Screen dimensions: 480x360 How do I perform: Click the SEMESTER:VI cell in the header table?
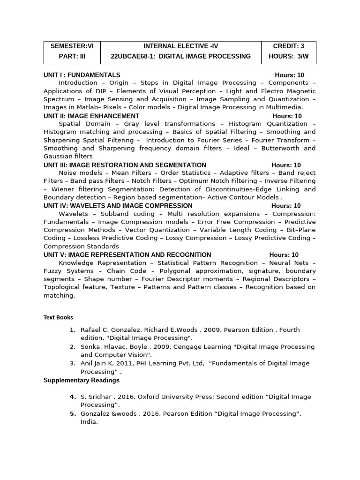(x=72, y=46)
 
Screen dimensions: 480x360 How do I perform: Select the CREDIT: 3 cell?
(x=289, y=46)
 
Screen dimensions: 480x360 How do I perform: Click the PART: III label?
(x=72, y=56)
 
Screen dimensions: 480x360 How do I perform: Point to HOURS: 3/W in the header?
(x=289, y=56)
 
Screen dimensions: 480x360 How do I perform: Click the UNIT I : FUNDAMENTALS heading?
(x=82, y=75)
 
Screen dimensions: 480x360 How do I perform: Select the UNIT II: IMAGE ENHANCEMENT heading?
(x=91, y=116)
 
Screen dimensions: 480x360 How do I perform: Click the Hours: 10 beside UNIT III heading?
(x=286, y=165)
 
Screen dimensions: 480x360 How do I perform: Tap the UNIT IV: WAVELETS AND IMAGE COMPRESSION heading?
(x=118, y=206)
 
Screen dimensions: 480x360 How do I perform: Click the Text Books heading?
(x=58, y=317)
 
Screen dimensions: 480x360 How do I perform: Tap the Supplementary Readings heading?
(x=82, y=380)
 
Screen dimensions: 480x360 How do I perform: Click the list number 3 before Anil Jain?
(x=73, y=363)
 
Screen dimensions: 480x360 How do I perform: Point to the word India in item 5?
(x=88, y=421)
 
